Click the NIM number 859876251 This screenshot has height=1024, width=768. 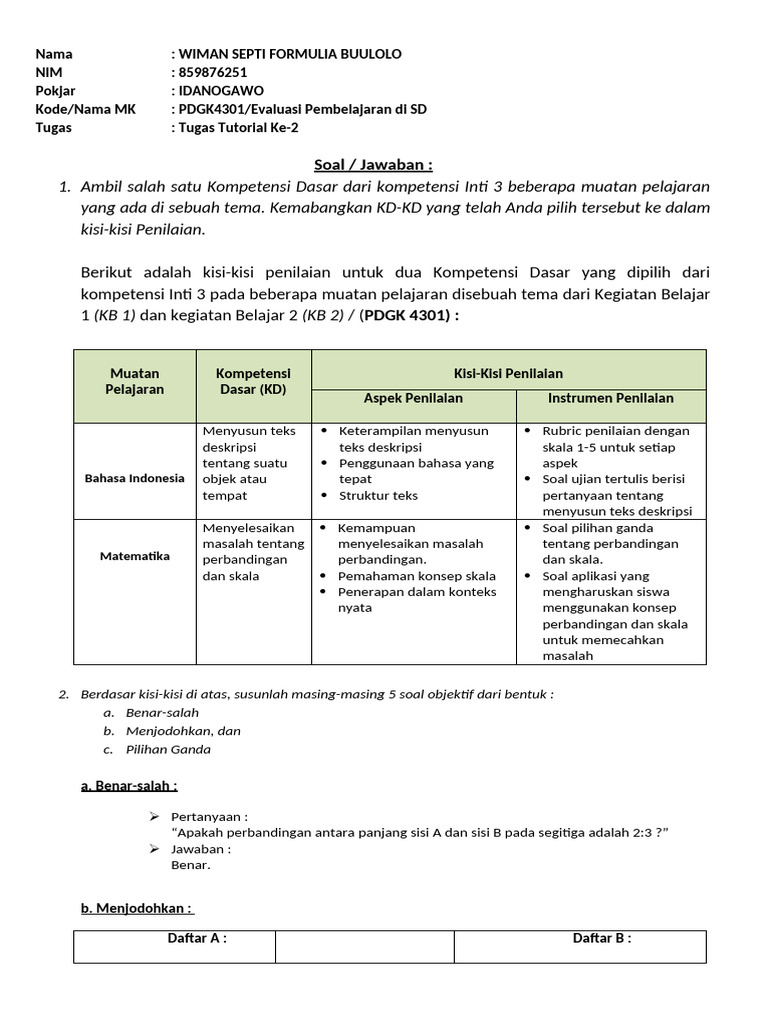[213, 72]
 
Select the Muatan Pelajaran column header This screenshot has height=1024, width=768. [135, 381]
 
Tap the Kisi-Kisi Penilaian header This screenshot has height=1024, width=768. [508, 373]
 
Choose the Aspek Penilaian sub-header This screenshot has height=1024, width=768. [413, 398]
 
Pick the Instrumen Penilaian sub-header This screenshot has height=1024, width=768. [610, 398]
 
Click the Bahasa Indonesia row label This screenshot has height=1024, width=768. [135, 478]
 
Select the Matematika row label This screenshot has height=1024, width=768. [135, 556]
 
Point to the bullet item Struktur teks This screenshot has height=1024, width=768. [378, 495]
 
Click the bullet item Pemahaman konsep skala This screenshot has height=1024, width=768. [417, 576]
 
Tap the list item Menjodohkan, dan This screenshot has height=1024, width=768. [183, 731]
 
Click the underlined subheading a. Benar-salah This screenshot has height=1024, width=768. [129, 786]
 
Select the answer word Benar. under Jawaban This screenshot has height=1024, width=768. [191, 865]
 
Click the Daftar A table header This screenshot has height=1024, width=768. [196, 938]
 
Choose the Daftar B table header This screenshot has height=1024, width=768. [601, 938]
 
